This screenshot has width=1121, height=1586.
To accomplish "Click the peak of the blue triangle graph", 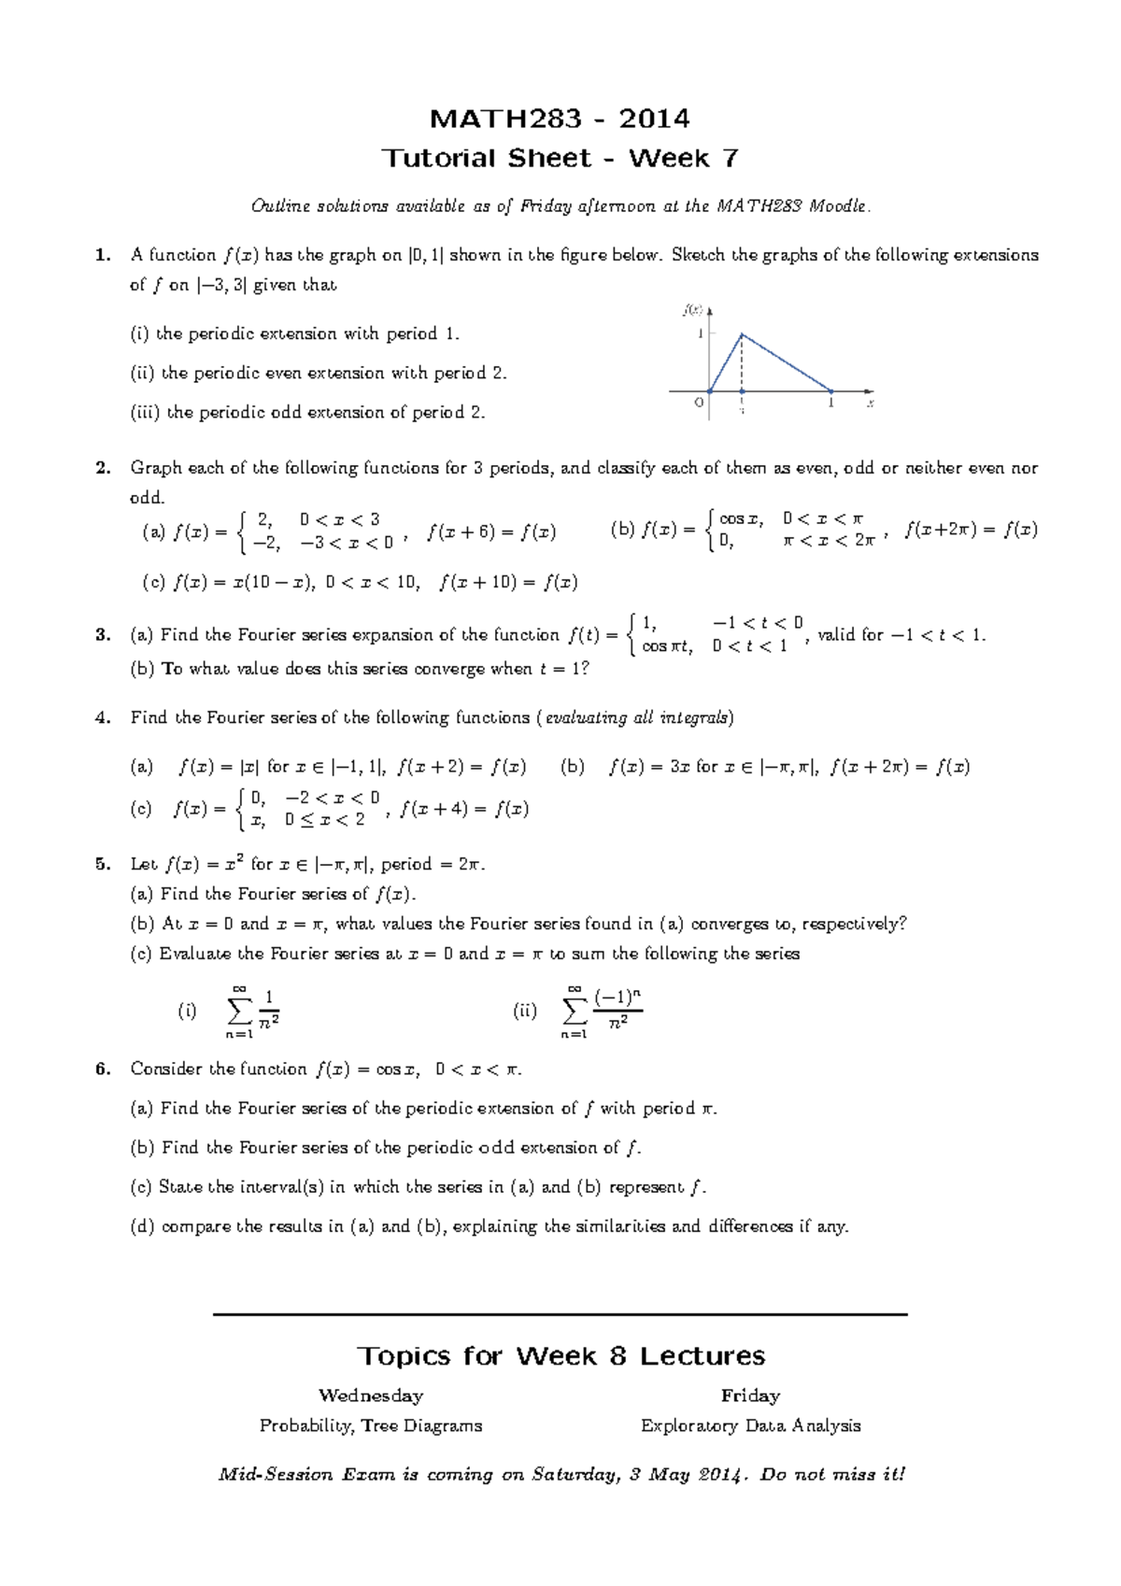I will [x=742, y=334].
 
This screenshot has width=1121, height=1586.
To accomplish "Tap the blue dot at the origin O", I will [x=710, y=391].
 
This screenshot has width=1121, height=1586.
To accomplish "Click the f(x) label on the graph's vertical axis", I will [x=693, y=309].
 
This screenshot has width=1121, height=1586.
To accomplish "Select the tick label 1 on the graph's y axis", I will [x=701, y=333].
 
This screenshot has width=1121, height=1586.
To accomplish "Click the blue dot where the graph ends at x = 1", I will [x=831, y=391].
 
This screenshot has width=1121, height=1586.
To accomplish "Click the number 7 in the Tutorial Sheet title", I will [x=730, y=158].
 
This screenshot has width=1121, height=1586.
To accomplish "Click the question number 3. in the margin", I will [x=103, y=635].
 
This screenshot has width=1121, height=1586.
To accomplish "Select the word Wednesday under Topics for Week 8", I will [x=371, y=1395].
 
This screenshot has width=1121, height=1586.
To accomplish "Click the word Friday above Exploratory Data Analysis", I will [x=750, y=1395].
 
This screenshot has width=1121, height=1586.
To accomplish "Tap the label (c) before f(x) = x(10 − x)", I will [x=153, y=583].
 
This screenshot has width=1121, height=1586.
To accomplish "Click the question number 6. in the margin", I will [x=103, y=1069].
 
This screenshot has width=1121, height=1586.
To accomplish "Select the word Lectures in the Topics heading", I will [x=702, y=1356].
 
